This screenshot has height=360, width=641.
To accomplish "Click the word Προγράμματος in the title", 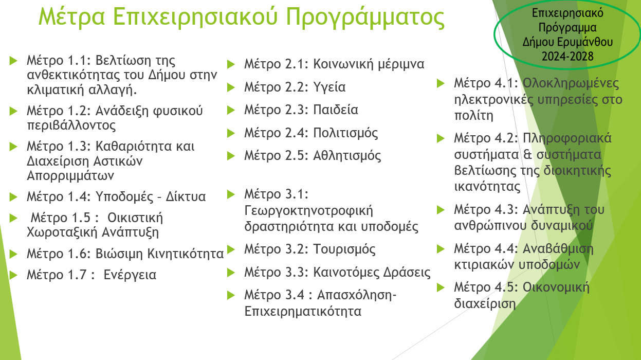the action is [365, 17].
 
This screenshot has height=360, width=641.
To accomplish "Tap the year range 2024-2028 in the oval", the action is [567, 56].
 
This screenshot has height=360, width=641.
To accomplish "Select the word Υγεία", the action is [329, 87].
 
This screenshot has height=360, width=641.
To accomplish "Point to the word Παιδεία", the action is [335, 110].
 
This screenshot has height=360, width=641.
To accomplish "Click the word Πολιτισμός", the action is [345, 133].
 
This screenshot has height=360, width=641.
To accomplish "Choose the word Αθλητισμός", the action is [347, 156].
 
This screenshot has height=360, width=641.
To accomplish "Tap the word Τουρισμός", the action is [344, 249].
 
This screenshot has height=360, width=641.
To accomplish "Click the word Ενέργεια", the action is [130, 275].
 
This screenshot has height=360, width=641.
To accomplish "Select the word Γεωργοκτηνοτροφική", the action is [308, 211].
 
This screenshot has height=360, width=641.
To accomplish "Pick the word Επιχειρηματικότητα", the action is [303, 311].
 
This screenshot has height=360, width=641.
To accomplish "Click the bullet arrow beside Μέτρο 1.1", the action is [13, 61].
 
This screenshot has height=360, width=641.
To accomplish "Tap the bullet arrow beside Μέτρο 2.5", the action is [231, 156].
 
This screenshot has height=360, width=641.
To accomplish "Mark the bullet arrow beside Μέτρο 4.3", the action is [441, 210].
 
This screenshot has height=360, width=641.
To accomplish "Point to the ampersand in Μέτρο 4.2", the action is [527, 155].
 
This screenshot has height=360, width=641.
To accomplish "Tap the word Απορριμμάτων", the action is [70, 175].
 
